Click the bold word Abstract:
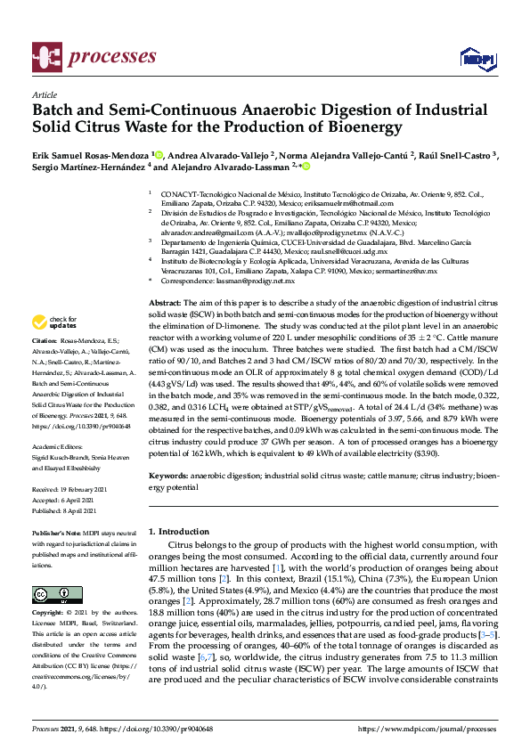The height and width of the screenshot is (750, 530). click(x=165, y=304)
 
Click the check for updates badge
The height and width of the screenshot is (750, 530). click(x=54, y=322)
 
